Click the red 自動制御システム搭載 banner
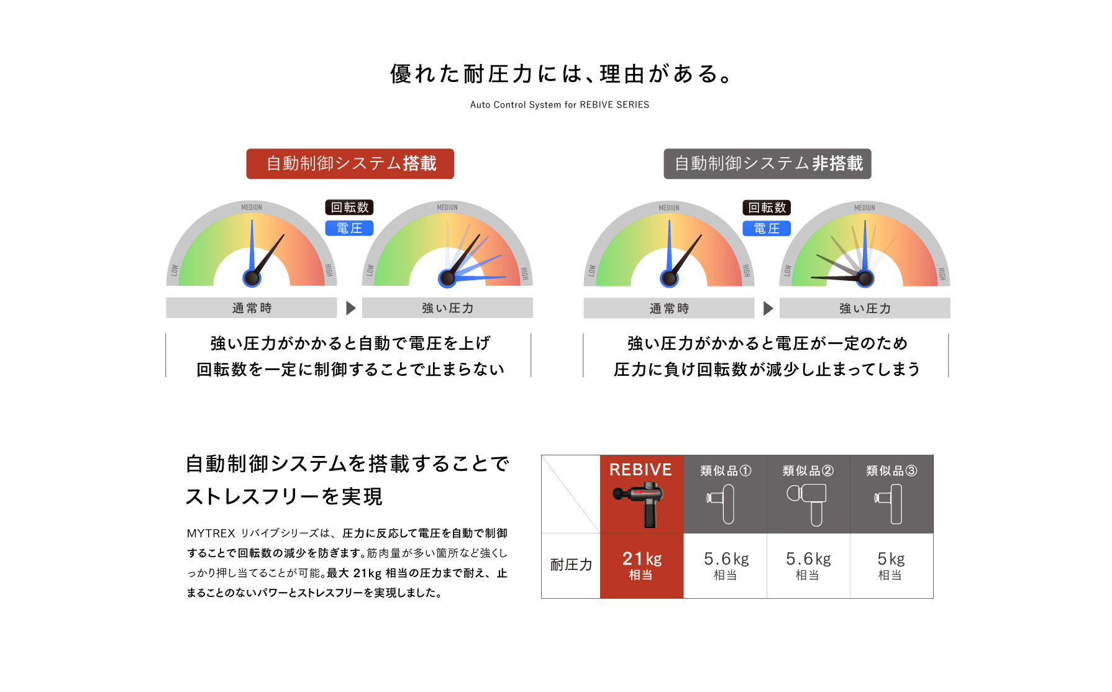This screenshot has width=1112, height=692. coord(350,164)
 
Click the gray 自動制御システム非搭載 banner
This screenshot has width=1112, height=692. coord(767,164)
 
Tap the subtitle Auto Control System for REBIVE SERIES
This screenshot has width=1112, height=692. coord(559,105)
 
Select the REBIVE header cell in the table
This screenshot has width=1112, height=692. coord(641,470)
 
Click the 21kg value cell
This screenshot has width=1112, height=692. coord(642,565)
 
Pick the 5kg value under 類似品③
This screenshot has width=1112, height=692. coord(891,565)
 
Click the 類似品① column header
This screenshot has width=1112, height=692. coord(725,471)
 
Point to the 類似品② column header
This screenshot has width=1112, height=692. coord(808,471)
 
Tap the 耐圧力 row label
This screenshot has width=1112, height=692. coord(571,565)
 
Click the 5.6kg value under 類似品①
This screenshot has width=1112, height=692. coord(726,565)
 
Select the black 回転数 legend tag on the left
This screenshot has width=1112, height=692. coord(349,207)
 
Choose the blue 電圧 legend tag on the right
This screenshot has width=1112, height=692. coord(767,229)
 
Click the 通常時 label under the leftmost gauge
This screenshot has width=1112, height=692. coord(252,308)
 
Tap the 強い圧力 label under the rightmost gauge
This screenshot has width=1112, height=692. coord(865,309)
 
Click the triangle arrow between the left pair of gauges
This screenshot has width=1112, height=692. coord(350,308)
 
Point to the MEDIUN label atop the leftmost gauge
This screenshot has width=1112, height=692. coord(252,207)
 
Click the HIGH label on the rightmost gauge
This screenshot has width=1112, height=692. coord(942,273)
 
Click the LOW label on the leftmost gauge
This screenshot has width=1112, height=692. coord(175,271)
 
